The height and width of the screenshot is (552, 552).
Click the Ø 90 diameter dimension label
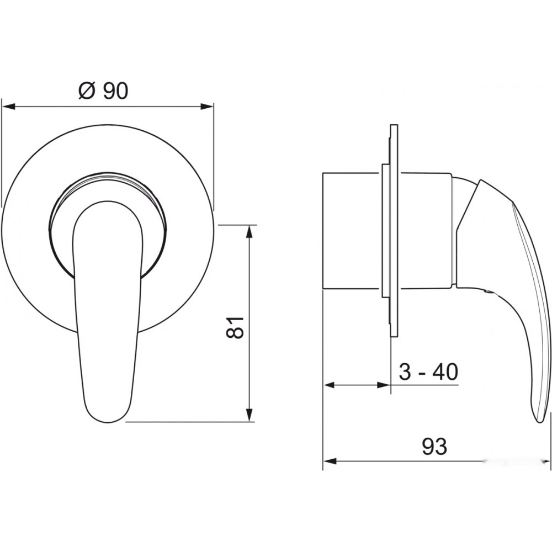(103, 91)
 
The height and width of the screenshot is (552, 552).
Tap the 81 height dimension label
(235, 327)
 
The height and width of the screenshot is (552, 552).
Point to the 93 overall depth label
(434, 447)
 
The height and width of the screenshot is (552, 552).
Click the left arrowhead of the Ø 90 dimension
(8, 106)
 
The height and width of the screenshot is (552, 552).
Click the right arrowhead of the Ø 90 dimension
(207, 106)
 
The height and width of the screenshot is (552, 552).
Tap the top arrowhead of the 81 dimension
(250, 232)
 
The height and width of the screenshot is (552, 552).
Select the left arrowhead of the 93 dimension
(330, 461)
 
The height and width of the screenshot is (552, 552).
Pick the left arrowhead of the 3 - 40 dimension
(330, 385)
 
